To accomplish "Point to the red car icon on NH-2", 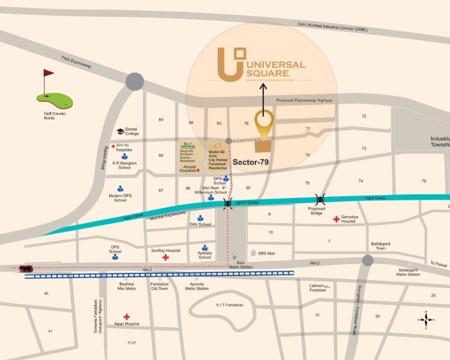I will [25, 268].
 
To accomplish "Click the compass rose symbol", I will [425, 319].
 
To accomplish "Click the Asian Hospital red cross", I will [127, 316].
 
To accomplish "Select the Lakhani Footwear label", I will [317, 287].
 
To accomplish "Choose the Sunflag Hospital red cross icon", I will [165, 257].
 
